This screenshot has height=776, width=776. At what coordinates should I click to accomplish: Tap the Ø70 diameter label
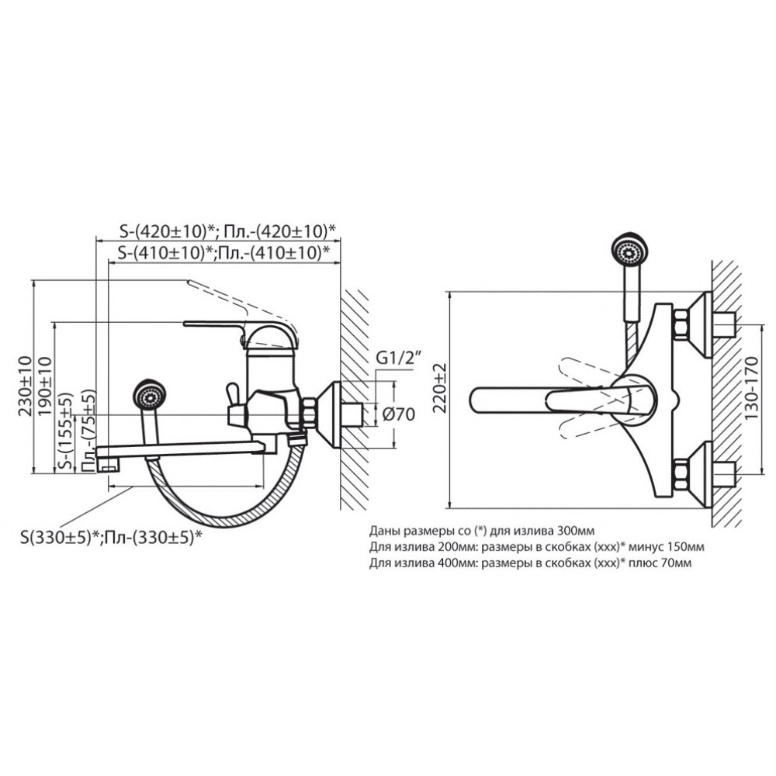click(x=400, y=414)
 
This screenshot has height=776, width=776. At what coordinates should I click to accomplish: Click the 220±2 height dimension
click(x=439, y=388)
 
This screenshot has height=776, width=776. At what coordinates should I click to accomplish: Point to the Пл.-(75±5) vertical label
click(x=87, y=430)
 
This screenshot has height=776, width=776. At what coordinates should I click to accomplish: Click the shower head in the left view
click(x=149, y=394)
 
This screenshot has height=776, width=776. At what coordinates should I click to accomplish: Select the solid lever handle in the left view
click(x=214, y=324)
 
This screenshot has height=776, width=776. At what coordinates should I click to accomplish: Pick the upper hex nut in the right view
click(x=681, y=326)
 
